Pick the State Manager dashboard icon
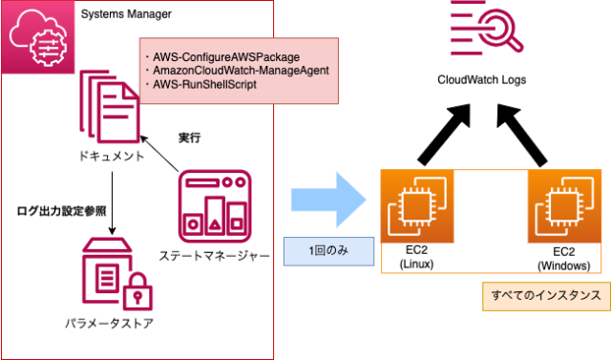point(216,205)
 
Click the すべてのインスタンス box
point(544,296)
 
